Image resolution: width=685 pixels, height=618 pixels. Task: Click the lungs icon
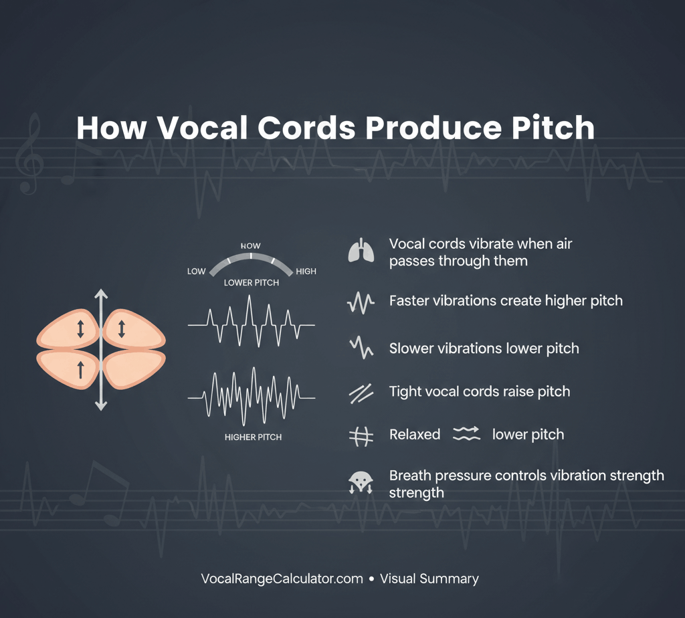click(x=361, y=250)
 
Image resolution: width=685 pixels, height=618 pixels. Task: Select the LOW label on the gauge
click(x=196, y=272)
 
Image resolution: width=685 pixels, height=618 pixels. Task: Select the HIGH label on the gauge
click(x=306, y=272)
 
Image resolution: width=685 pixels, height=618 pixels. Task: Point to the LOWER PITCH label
click(x=252, y=282)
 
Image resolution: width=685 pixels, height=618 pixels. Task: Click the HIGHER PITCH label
click(x=253, y=437)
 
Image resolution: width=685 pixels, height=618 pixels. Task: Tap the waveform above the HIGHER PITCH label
click(x=252, y=397)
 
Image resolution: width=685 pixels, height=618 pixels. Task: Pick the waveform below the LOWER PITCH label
click(x=252, y=321)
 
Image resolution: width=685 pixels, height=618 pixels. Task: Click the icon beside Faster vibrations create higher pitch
click(x=361, y=302)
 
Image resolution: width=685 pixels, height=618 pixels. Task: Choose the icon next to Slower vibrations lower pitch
click(x=361, y=347)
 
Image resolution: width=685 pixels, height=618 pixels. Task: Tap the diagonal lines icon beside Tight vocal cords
click(x=361, y=393)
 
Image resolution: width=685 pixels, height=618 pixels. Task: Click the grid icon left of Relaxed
click(x=361, y=436)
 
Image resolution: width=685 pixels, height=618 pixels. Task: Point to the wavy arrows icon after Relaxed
click(x=466, y=433)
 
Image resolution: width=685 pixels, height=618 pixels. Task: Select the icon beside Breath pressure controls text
click(x=361, y=483)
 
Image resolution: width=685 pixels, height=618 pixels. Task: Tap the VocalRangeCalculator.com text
click(x=282, y=579)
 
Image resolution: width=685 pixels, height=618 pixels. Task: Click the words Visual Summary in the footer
click(x=429, y=579)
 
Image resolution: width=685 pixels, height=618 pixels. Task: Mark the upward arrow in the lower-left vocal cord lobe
click(x=80, y=369)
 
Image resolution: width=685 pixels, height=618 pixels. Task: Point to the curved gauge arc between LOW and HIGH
click(x=251, y=256)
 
